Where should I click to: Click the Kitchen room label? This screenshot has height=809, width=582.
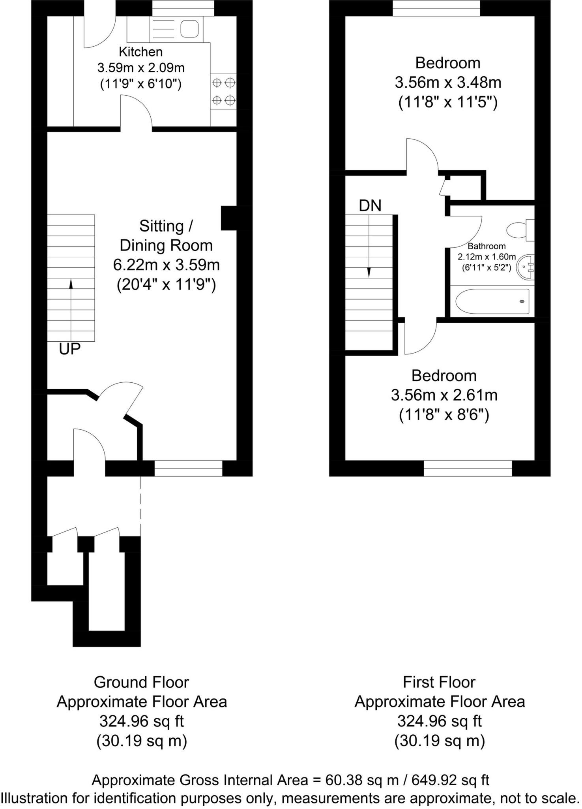[x=140, y=52]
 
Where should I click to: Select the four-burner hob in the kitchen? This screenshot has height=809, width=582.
[x=223, y=92]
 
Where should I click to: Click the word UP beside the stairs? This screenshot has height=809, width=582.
[x=70, y=349]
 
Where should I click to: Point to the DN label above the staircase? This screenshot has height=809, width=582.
[x=370, y=206]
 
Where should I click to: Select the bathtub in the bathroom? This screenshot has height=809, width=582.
[x=492, y=301]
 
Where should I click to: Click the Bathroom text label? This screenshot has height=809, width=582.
[x=487, y=246]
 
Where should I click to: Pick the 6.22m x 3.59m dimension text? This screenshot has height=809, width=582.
[x=166, y=265]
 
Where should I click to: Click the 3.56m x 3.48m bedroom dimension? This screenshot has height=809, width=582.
[x=448, y=83]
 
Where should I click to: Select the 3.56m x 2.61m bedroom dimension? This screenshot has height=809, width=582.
[x=444, y=395]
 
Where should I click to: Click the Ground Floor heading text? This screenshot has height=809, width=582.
[x=141, y=683]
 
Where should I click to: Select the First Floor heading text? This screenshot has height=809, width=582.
[x=439, y=683]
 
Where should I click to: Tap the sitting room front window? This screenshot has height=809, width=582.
[x=188, y=468]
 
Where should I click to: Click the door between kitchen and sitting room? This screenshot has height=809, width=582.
[x=136, y=119]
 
